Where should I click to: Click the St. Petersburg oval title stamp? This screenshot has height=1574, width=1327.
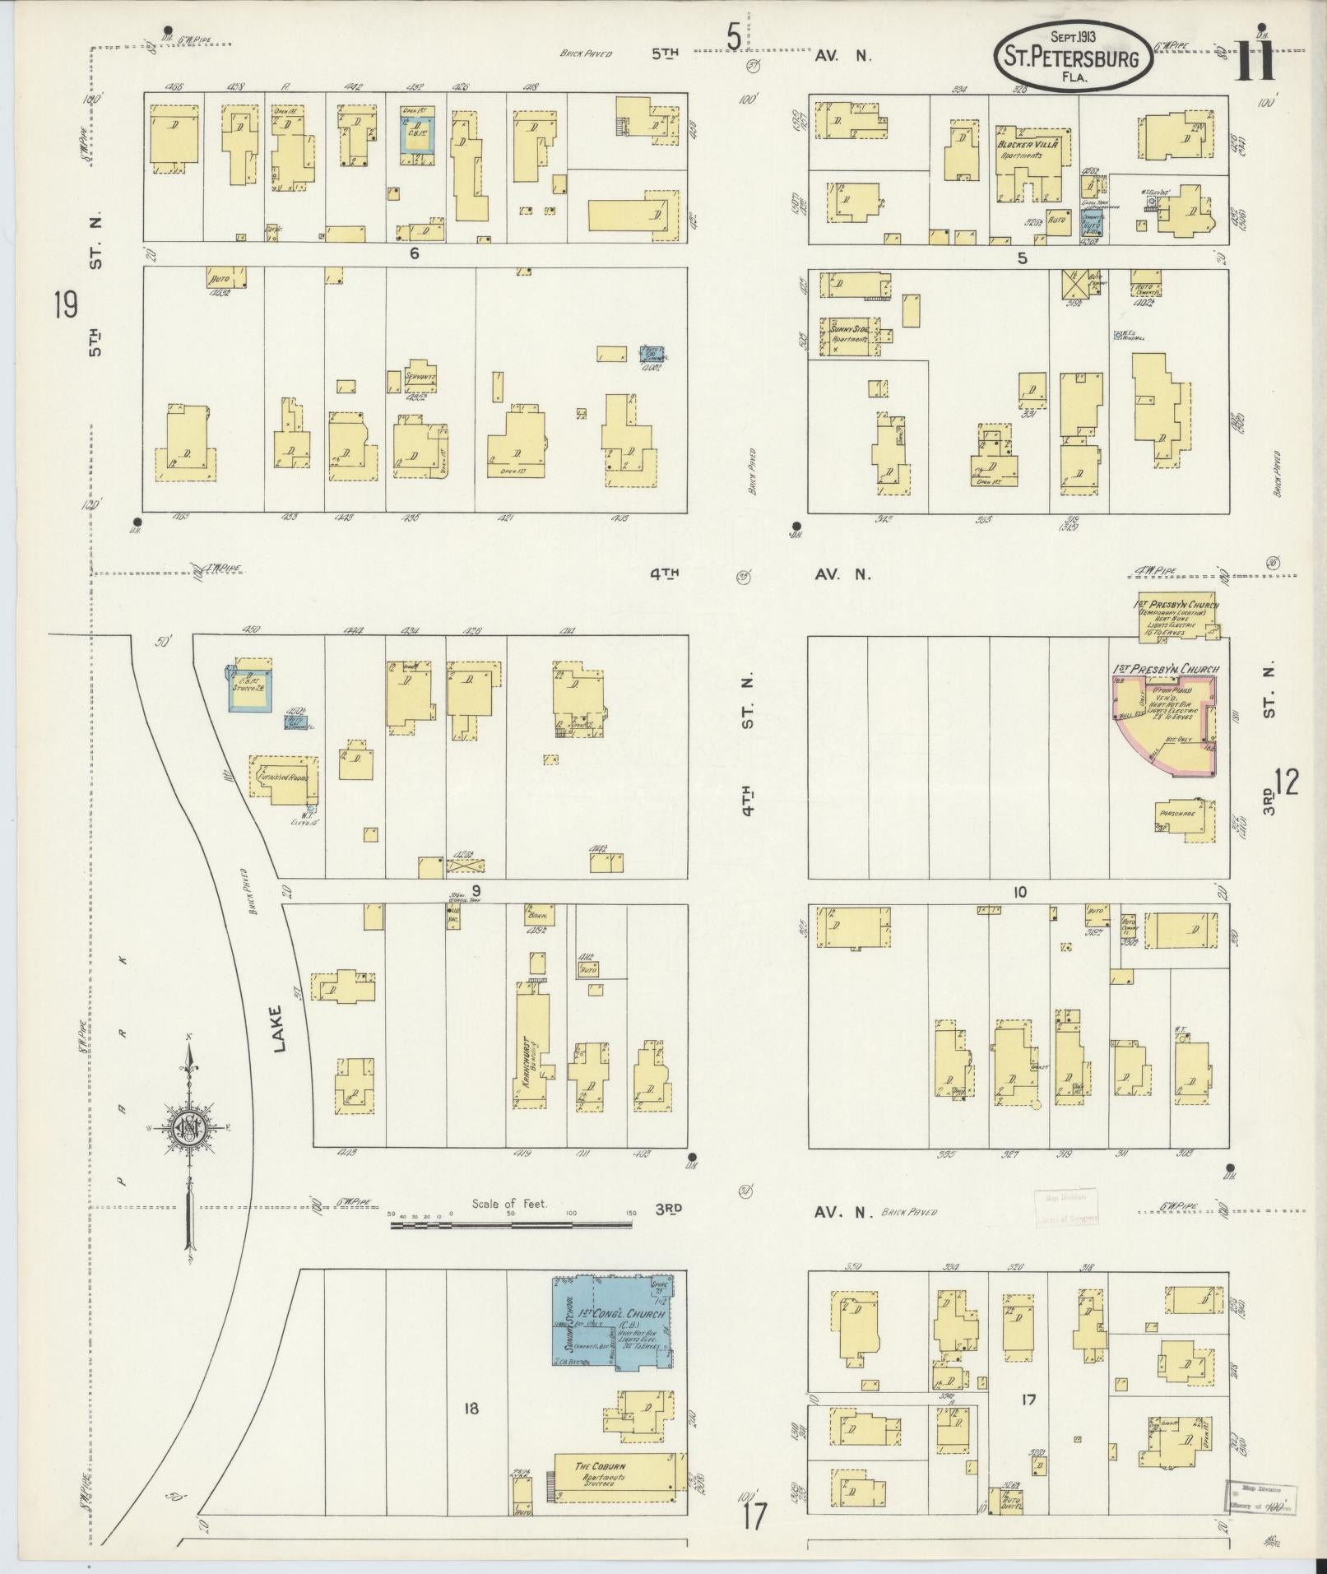coord(1070,54)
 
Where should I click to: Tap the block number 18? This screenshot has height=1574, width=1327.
coord(470,1409)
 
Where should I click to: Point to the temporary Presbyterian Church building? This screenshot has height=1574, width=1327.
coord(1177,615)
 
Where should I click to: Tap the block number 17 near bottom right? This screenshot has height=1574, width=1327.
coord(1027,1399)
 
